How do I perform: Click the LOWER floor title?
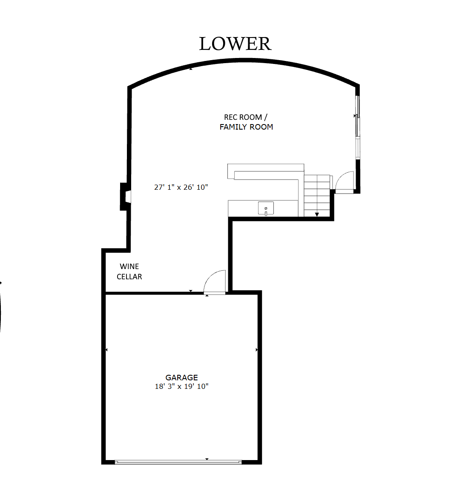235,44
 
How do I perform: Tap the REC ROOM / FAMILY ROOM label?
246,122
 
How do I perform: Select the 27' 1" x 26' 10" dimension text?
181,187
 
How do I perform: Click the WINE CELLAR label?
129,272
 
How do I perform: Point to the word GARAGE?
181,377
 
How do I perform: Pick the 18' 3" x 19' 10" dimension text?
181,386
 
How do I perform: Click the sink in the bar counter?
266,209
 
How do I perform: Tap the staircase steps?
316,196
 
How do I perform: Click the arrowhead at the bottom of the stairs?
317,214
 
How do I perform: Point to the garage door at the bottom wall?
178,462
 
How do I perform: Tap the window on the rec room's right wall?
358,127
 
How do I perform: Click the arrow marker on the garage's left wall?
106,350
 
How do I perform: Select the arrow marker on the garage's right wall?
257,350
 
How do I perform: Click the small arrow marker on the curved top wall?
191,69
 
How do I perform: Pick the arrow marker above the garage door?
207,459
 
